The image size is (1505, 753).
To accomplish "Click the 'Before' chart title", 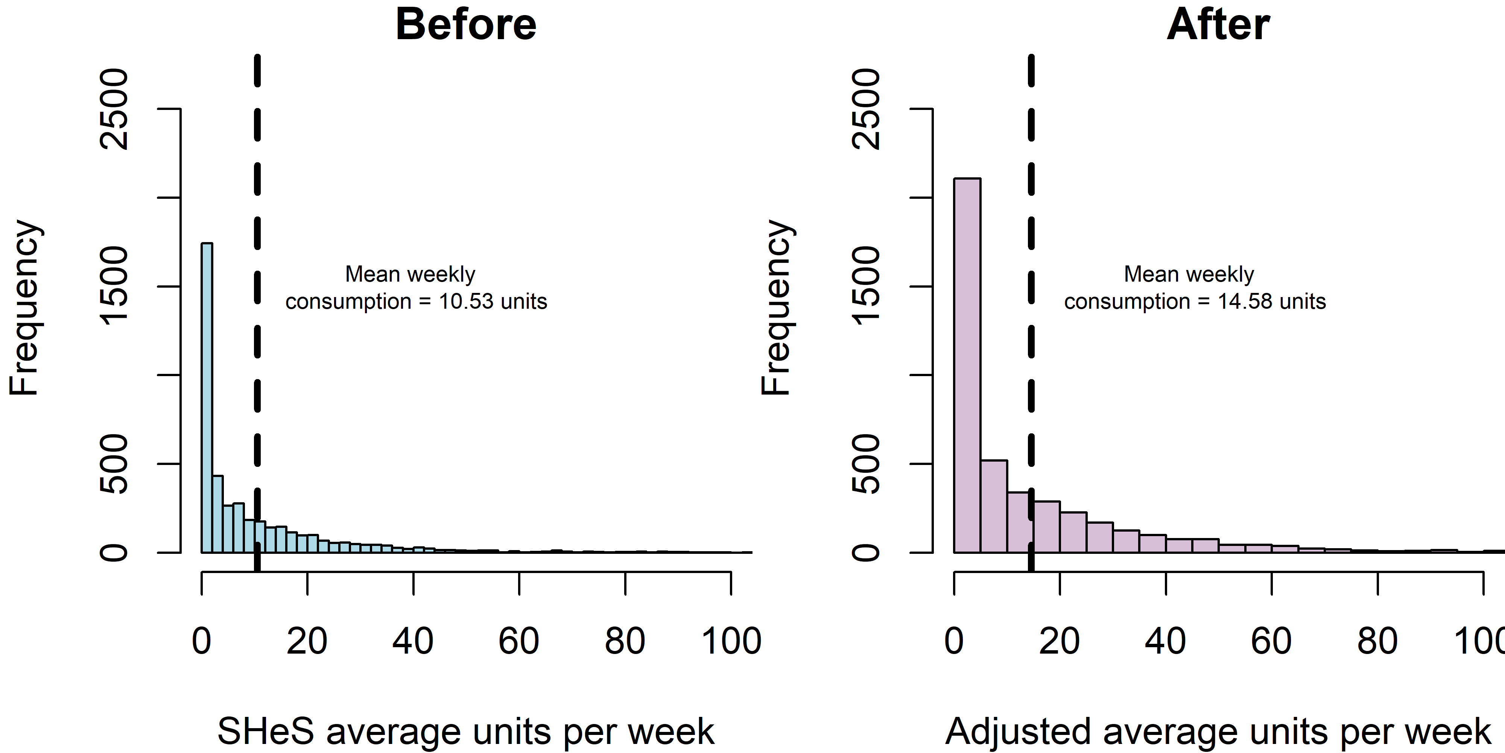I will pyautogui.click(x=466, y=24).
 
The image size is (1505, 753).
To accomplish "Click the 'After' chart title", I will pyautogui.click(x=1218, y=24).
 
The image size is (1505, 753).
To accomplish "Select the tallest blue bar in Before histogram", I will pyautogui.click(x=207, y=398).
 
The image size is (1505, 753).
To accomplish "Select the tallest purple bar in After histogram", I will pyautogui.click(x=967, y=365).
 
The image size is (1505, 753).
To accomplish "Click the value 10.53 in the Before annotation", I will pyautogui.click(x=466, y=302).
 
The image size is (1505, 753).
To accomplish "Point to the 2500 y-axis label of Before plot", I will pyautogui.click(x=114, y=109).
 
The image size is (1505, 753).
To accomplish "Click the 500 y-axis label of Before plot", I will pyautogui.click(x=114, y=463).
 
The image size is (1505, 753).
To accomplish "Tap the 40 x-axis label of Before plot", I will pyautogui.click(x=412, y=641).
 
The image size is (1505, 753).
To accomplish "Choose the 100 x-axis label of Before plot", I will pyautogui.click(x=731, y=641).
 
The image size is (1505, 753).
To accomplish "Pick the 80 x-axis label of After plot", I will pyautogui.click(x=1377, y=641).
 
